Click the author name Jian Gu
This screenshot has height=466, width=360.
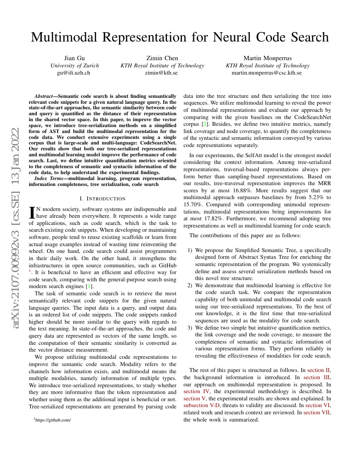tap(75, 58)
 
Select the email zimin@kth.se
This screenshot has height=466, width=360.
tap(162, 73)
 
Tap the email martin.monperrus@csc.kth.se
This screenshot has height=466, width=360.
tap(267, 73)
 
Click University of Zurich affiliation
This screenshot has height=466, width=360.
tap(75, 66)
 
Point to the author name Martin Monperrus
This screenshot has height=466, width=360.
tap(267, 58)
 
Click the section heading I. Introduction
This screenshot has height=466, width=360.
tap(102, 199)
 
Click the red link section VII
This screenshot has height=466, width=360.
tap(318, 412)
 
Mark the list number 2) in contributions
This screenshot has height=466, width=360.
tap(190, 286)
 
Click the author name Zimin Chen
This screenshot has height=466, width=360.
tap(162, 58)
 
